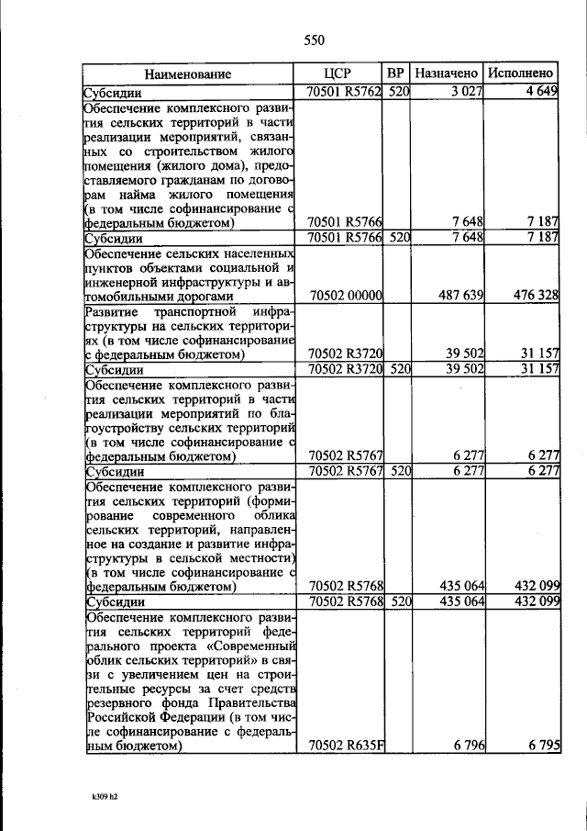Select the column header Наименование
pos(187,73)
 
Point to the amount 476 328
pos(534,297)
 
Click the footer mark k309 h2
pos(97,797)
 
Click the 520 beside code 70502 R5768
pos(397,601)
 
